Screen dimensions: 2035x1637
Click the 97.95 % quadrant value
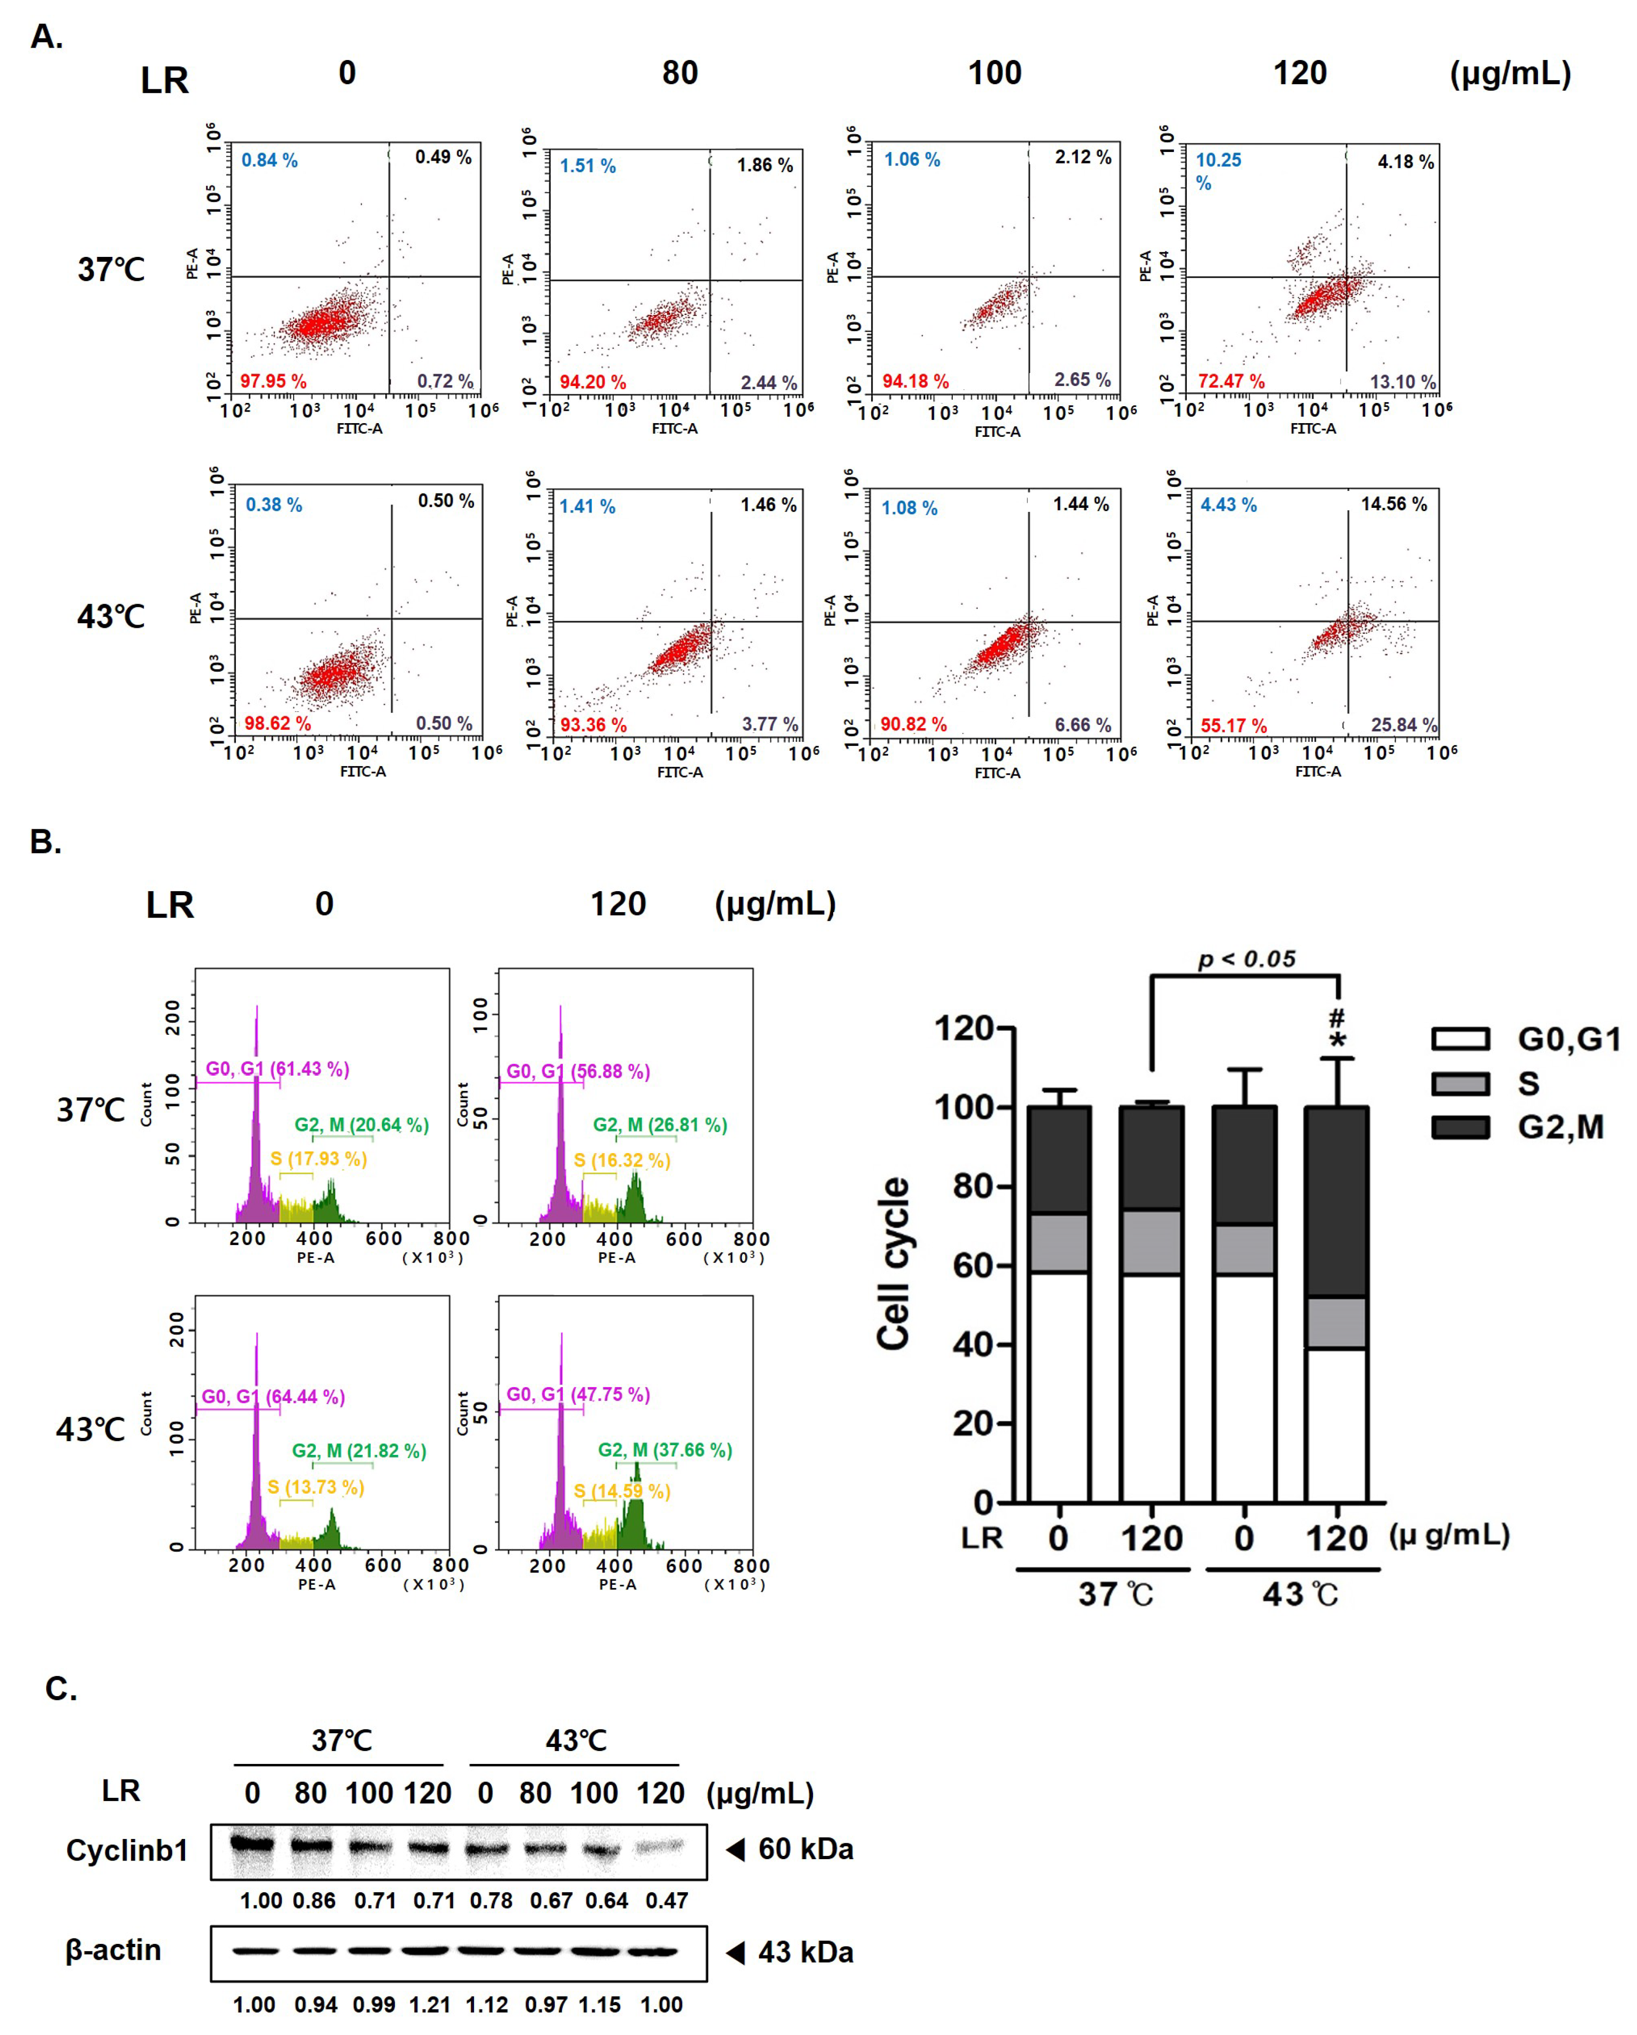click(x=273, y=381)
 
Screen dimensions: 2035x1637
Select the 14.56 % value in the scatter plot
click(x=1393, y=504)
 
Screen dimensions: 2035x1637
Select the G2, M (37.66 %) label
click(x=665, y=1450)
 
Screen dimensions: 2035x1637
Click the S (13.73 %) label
click(x=315, y=1487)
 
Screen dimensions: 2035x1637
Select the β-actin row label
click(x=113, y=1950)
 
